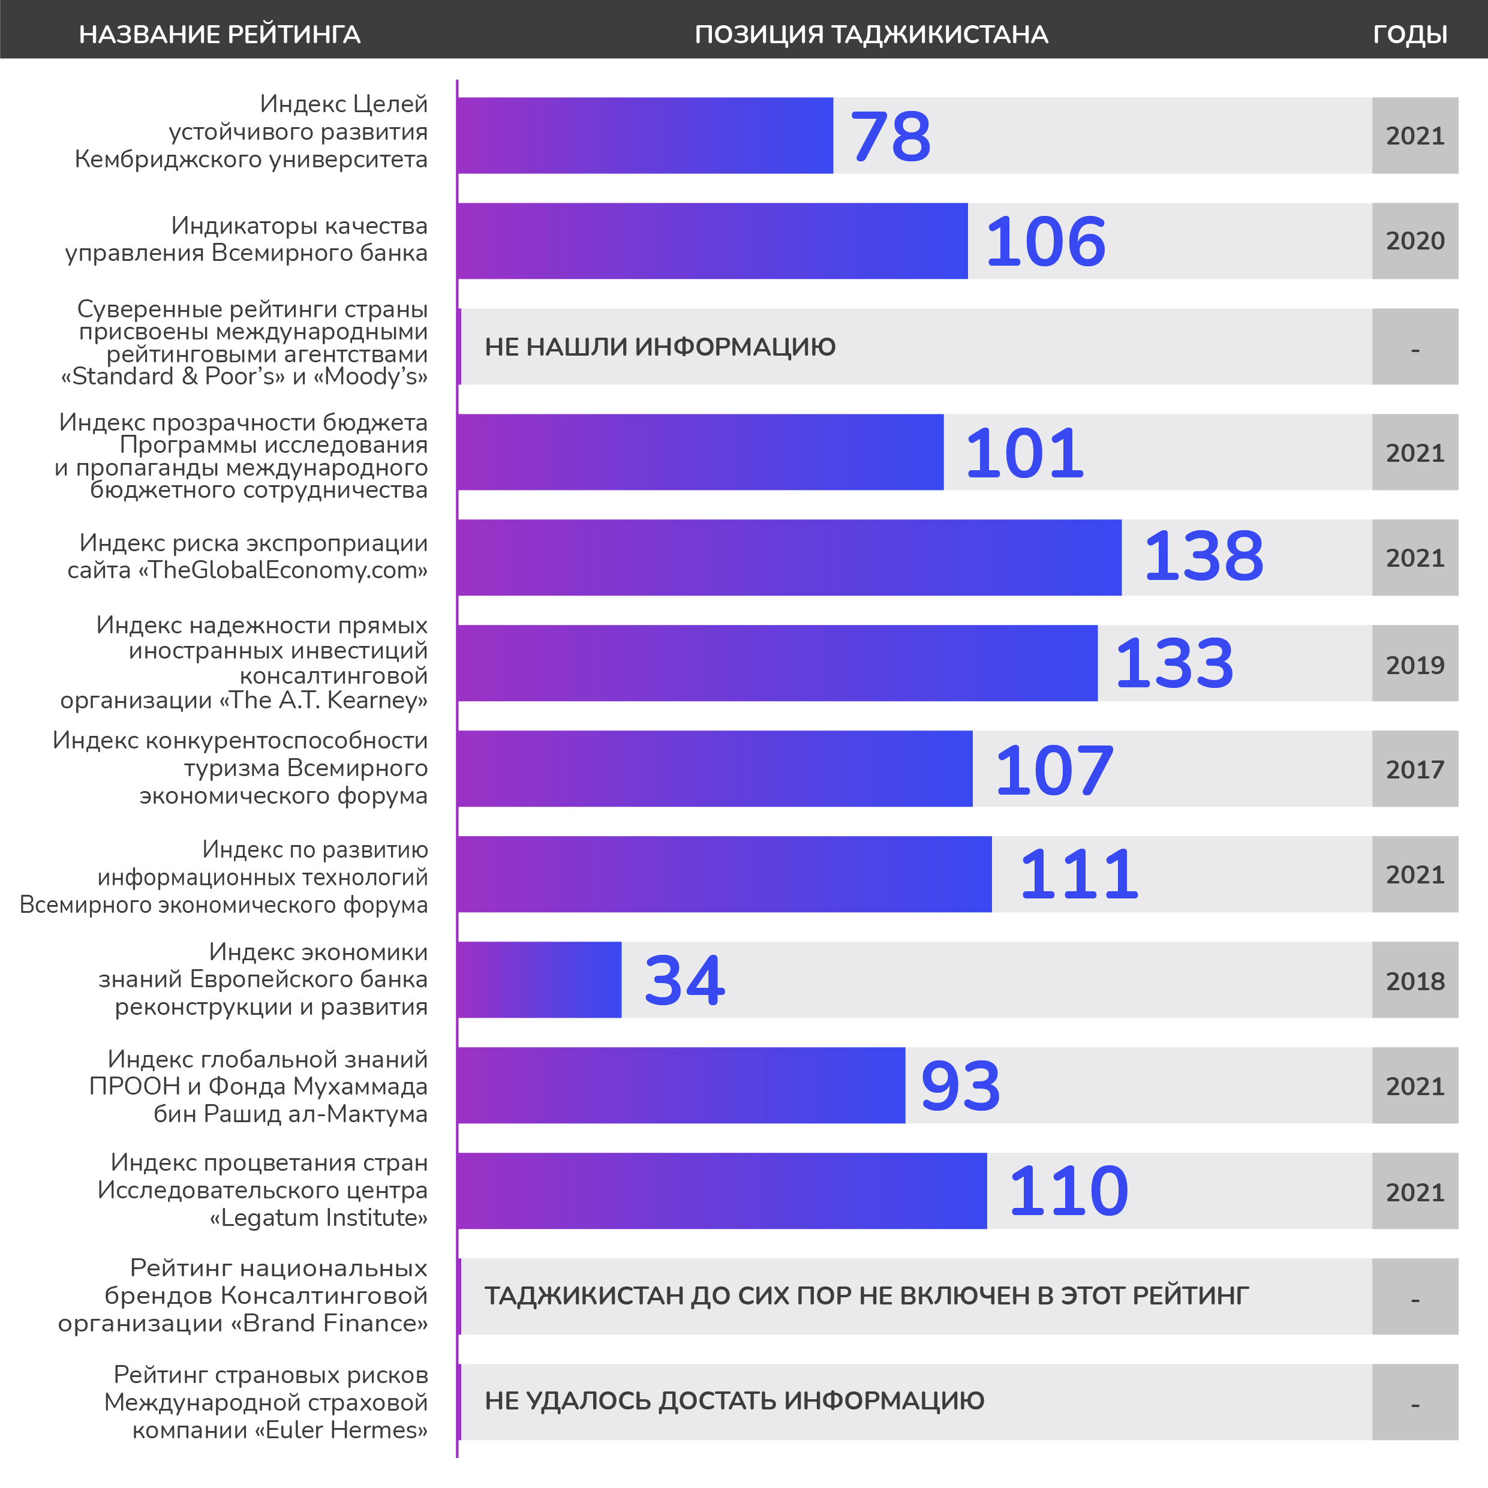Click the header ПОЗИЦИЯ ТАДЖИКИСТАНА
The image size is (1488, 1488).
click(x=871, y=35)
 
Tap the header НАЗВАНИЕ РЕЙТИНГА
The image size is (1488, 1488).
click(x=220, y=35)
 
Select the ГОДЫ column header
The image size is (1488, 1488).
click(x=1409, y=35)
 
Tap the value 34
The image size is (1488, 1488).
click(x=684, y=981)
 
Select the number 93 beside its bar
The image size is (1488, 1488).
click(x=960, y=1086)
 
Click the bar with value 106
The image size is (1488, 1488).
click(x=713, y=241)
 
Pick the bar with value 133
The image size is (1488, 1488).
click(x=778, y=663)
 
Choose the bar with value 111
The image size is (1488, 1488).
click(x=725, y=874)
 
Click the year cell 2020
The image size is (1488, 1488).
click(x=1415, y=241)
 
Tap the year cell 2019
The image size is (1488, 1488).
click(x=1415, y=665)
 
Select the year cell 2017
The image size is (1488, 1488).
click(x=1415, y=769)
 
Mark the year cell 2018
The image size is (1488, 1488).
click(x=1415, y=981)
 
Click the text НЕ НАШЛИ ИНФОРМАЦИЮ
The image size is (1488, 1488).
click(x=660, y=347)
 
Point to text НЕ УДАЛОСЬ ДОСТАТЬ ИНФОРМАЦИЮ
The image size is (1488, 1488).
click(x=734, y=1401)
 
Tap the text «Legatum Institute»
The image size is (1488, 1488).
click(x=319, y=1218)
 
